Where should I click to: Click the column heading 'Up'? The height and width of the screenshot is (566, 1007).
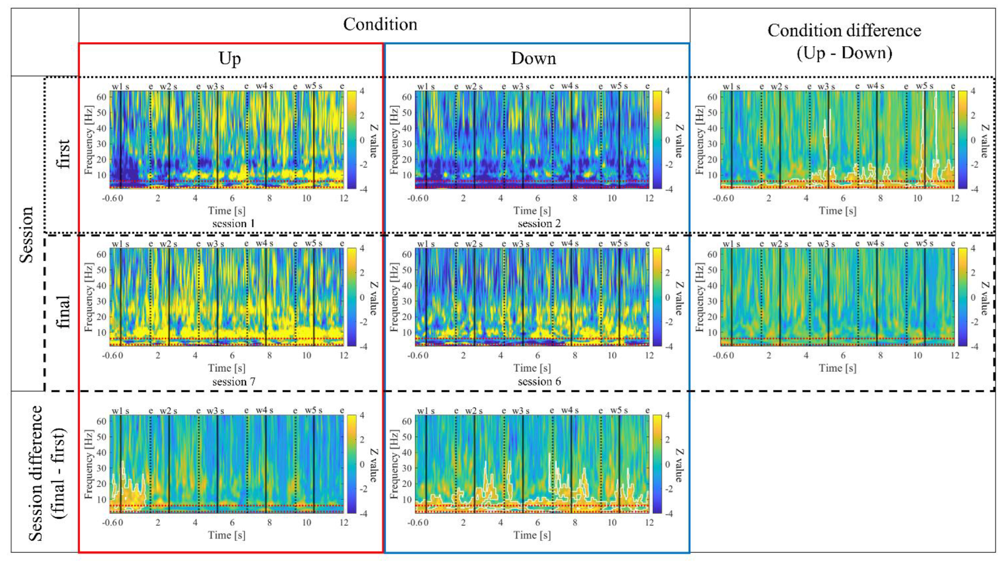click(x=230, y=59)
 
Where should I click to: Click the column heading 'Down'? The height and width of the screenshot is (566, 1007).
click(x=533, y=59)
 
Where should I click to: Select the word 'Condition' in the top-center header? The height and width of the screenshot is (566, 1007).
click(x=380, y=24)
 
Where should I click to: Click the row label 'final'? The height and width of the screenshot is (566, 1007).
click(x=63, y=312)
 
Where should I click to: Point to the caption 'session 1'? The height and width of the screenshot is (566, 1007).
click(x=233, y=224)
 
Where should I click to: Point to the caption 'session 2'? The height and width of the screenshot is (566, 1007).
click(x=539, y=224)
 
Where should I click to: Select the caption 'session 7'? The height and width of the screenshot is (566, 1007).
click(x=233, y=381)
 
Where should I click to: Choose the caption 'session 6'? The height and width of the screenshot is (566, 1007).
click(x=539, y=381)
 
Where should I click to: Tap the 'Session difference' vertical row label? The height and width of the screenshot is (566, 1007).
click(x=36, y=473)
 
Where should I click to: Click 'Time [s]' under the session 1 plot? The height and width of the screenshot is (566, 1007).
click(x=227, y=211)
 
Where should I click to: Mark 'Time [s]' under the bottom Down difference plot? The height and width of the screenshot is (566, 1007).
click(x=532, y=535)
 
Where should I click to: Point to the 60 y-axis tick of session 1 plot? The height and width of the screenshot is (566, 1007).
click(x=101, y=97)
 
